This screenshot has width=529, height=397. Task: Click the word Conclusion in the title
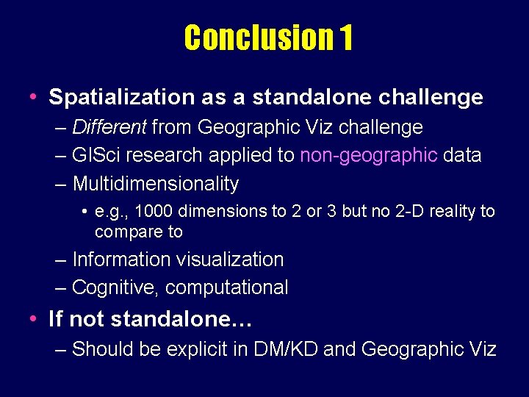pos(259,38)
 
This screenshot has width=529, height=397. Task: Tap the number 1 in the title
pos(346,38)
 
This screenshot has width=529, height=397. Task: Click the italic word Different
pos(110,127)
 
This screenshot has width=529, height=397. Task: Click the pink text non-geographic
pos(368,155)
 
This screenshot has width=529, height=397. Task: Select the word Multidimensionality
pos(156,183)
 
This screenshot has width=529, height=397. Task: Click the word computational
pos(227,288)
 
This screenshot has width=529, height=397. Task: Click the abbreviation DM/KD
pos(287,349)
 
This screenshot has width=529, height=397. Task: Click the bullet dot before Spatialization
pos(34,97)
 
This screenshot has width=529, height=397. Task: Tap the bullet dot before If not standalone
pos(34,319)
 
